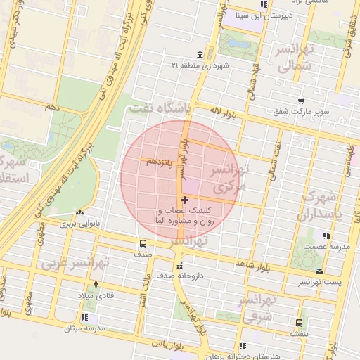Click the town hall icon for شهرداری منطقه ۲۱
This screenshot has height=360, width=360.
coord(201,56)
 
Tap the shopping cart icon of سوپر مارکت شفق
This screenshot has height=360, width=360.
coord(301,101)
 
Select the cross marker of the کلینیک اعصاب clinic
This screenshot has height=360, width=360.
coord(184,200)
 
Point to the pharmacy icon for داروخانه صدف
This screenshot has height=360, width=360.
coord(181,266)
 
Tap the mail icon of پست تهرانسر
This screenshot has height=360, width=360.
coord(320,271)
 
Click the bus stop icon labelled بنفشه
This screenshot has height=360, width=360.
coord(300,323)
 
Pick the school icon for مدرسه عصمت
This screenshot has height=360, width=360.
coord(325,236)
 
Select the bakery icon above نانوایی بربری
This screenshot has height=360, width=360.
coord(79,212)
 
